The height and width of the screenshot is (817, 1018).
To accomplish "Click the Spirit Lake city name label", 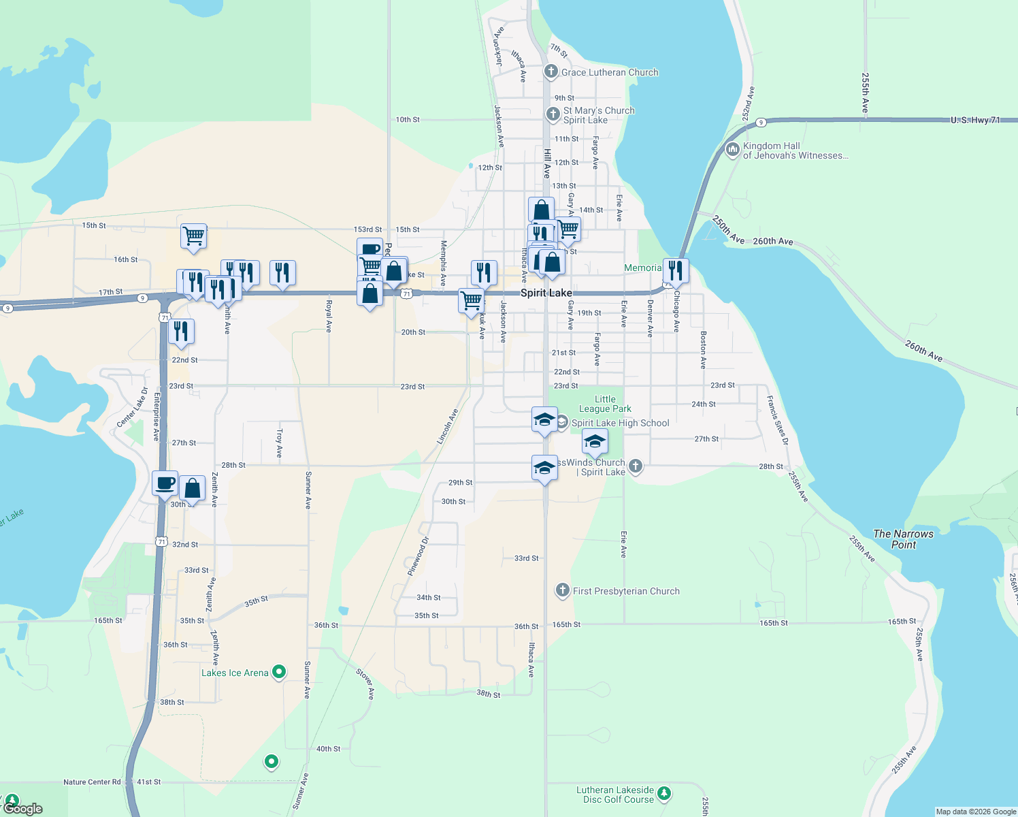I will [546, 293].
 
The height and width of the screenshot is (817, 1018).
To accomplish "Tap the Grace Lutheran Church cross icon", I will [551, 71].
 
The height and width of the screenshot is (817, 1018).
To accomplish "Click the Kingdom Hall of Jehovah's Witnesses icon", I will [732, 149].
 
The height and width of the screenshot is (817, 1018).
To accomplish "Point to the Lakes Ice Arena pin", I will [279, 673].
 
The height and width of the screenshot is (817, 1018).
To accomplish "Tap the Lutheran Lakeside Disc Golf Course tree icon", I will [664, 794].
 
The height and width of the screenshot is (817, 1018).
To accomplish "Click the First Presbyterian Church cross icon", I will [562, 590].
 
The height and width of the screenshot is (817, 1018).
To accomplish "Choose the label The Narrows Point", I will [903, 539].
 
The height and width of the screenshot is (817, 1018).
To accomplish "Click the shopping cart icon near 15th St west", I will [194, 236].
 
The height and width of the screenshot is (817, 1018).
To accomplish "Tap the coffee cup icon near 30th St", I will [165, 483].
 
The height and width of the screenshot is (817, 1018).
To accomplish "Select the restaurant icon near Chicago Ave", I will [676, 270].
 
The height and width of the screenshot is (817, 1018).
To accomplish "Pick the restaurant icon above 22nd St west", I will [181, 331].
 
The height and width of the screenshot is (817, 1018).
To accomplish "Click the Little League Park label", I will [605, 404].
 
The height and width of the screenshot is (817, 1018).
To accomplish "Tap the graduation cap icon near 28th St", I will [544, 467].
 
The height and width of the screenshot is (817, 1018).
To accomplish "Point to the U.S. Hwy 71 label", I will [975, 120].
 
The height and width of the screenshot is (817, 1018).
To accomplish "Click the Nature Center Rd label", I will [92, 782].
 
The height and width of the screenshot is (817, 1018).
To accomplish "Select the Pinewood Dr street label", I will [418, 556].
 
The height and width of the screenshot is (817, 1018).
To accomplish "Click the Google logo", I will [23, 808].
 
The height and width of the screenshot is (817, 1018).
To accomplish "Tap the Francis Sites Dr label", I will [777, 420].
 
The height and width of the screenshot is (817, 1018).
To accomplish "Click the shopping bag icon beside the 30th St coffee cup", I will [193, 487].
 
